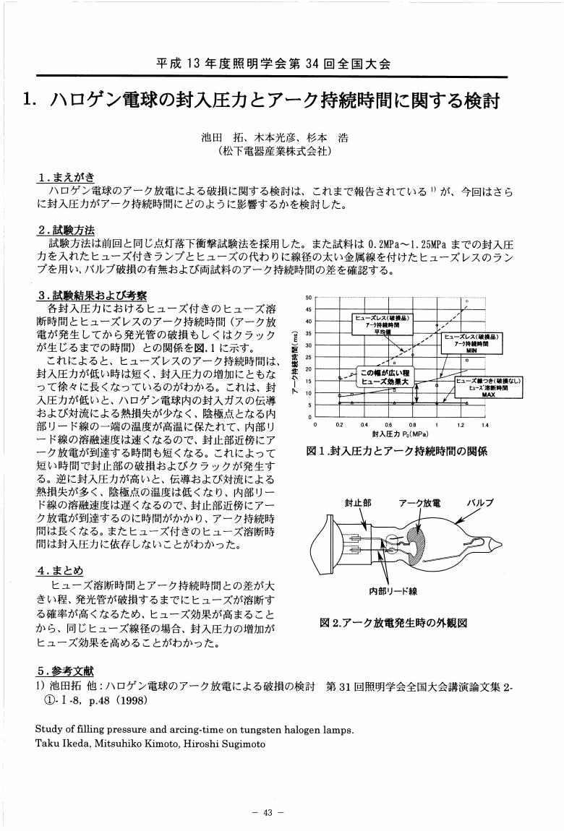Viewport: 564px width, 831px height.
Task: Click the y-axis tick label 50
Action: pyautogui.click(x=309, y=297)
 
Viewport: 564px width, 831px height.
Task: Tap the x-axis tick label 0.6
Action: pyautogui.click(x=388, y=426)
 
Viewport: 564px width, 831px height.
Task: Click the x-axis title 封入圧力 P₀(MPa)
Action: pyautogui.click(x=400, y=434)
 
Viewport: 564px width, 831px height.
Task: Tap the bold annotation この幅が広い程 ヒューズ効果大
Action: pyautogui.click(x=385, y=376)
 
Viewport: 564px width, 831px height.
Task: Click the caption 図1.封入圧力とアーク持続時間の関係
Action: pyautogui.click(x=397, y=451)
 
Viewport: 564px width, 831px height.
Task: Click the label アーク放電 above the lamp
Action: pyautogui.click(x=419, y=502)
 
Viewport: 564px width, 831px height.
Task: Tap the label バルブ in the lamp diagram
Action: pyautogui.click(x=479, y=502)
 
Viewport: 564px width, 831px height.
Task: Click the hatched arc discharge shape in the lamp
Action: pyautogui.click(x=418, y=543)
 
